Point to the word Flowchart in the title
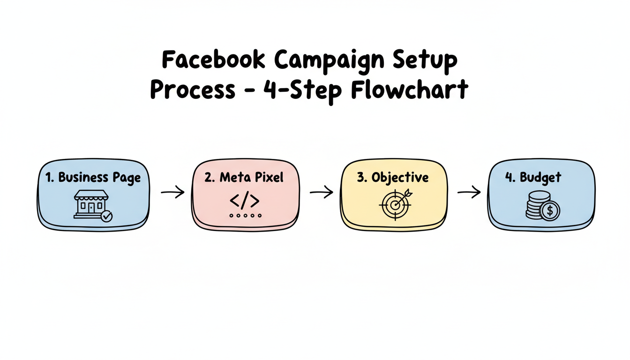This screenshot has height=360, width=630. [x=410, y=90]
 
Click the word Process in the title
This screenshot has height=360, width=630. [x=192, y=90]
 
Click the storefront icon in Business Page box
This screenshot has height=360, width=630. [x=90, y=204]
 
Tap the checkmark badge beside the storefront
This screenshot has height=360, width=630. [x=107, y=216]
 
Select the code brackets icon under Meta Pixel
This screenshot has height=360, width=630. [x=244, y=200]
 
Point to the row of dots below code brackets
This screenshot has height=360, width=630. [x=245, y=216]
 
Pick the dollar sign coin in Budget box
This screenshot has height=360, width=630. [x=550, y=211]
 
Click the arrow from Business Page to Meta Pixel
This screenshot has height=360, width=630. [x=172, y=192]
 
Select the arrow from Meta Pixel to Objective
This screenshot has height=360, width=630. [x=321, y=192]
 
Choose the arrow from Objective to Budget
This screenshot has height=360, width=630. [x=469, y=192]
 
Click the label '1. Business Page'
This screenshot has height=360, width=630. [x=93, y=178]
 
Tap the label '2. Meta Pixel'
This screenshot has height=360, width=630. [x=244, y=178]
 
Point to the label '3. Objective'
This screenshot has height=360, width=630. [x=393, y=178]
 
